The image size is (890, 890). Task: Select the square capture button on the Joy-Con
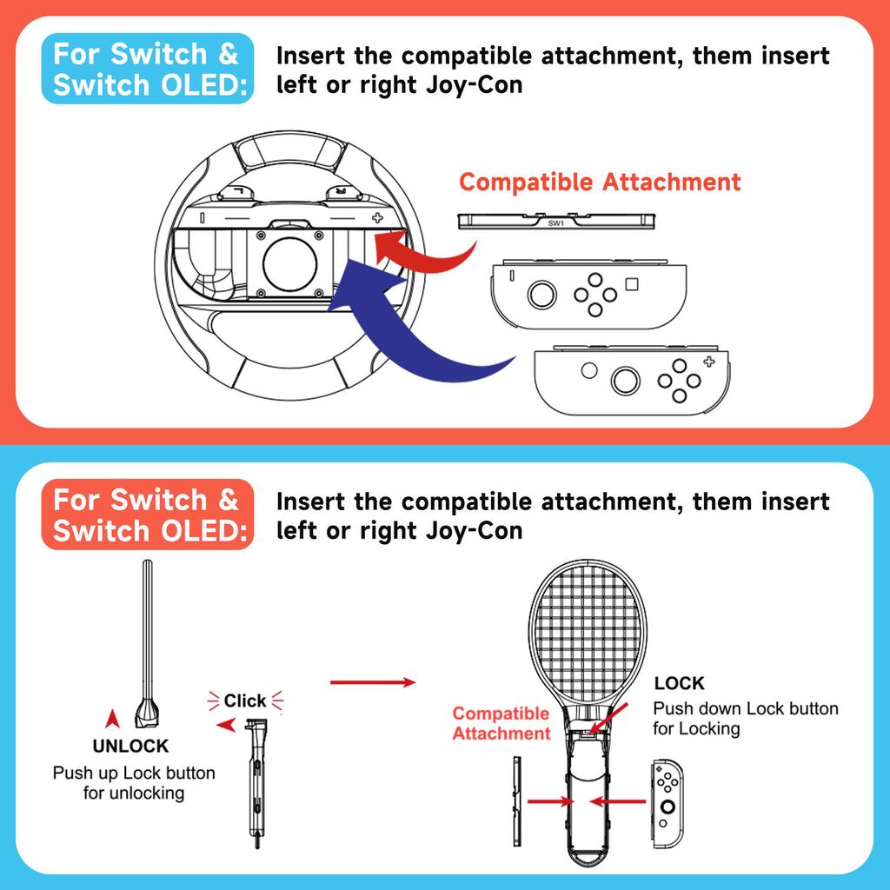(632, 284)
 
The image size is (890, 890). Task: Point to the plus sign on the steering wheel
(376, 218)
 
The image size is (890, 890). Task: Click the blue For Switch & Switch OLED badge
(146, 70)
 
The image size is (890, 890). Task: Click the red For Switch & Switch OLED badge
(146, 515)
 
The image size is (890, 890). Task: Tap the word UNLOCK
(130, 746)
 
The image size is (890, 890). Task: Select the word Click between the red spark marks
(245, 701)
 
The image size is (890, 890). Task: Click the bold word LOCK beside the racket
(679, 683)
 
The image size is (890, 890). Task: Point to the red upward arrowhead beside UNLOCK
(110, 719)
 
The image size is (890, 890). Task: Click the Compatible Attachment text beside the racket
(501, 723)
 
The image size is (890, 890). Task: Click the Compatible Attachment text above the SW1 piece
(600, 183)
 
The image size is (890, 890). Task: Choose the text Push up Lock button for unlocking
(134, 783)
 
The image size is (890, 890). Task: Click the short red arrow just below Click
(228, 726)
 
